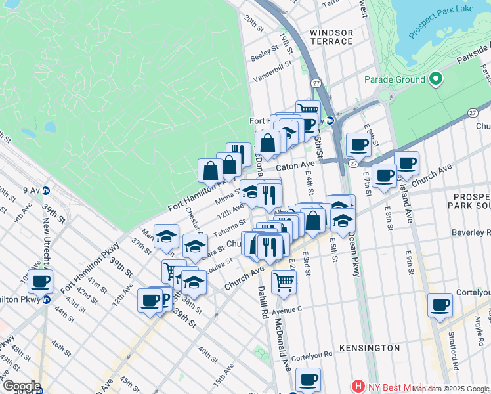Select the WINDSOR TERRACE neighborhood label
pos(331,37)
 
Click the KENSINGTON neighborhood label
pos(370,347)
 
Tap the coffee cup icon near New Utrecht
pos(41,281)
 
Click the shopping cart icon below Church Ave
pos(283,281)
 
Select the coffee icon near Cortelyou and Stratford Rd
pos(440,305)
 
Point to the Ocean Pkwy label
pos(354,244)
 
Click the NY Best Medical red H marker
pos(358,386)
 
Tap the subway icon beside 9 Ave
pos(46,191)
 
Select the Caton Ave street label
pos(299,165)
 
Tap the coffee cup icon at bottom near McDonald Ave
pos(307,379)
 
